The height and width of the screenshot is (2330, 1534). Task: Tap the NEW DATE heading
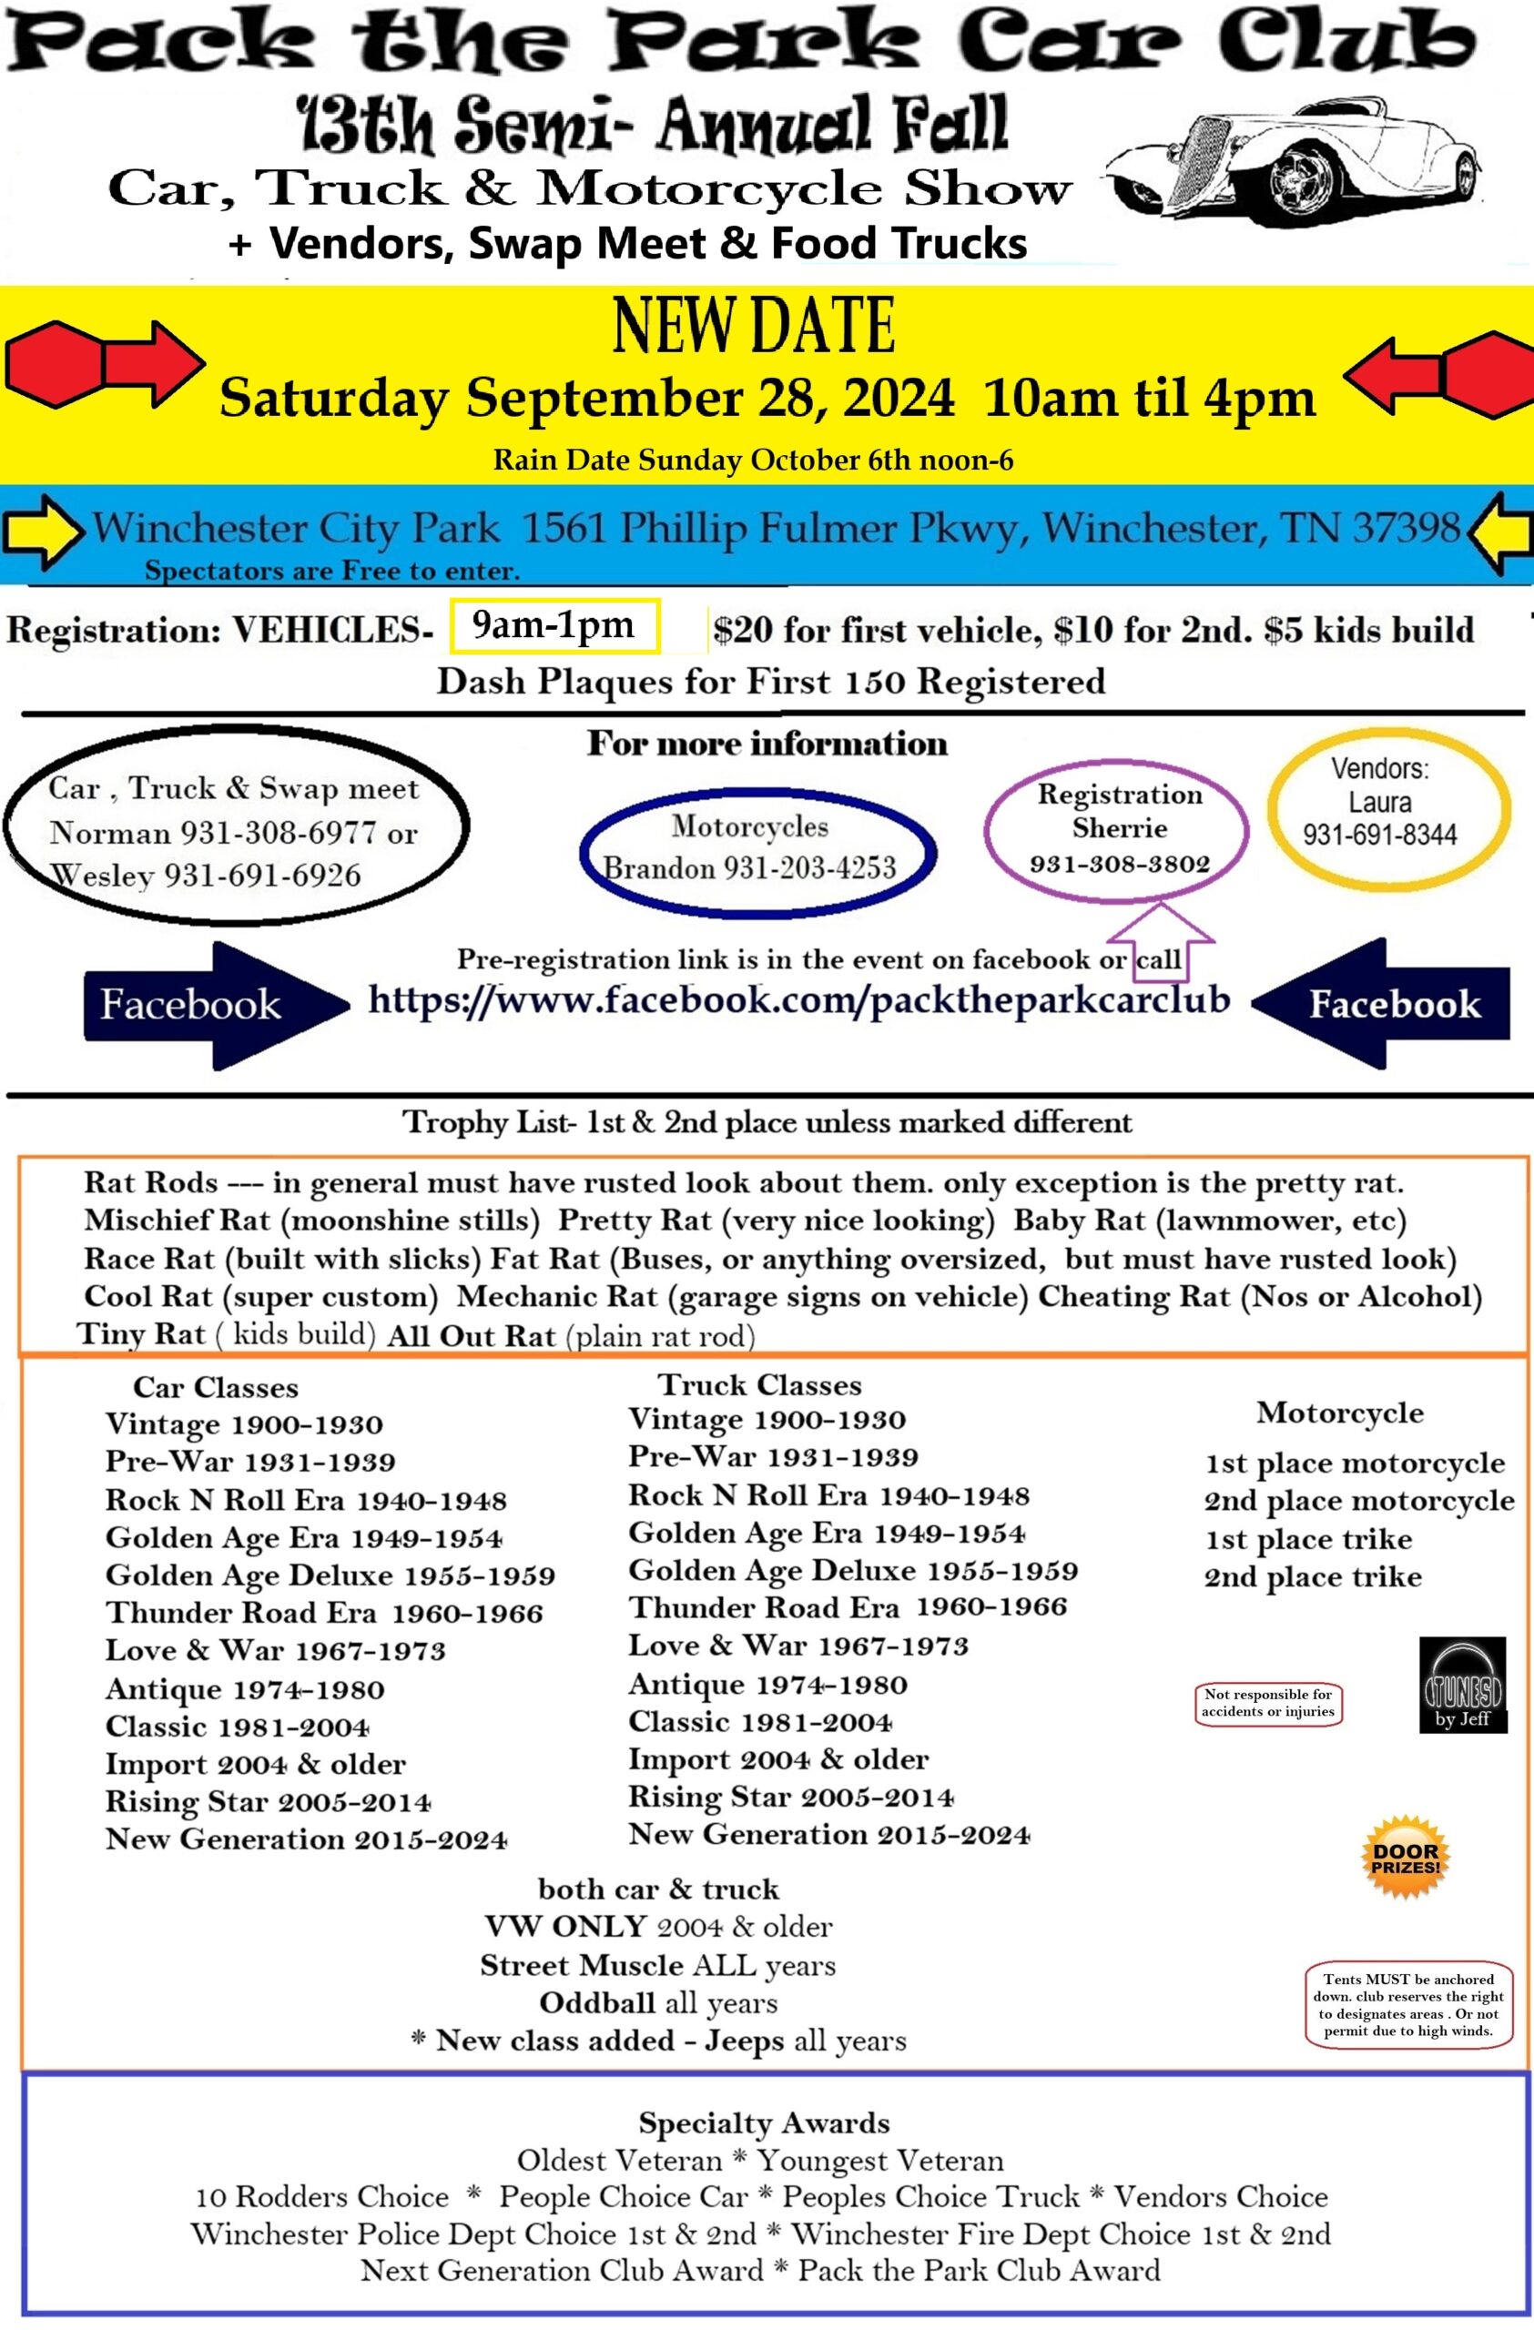(754, 326)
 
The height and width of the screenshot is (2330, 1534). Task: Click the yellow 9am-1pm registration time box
(555, 625)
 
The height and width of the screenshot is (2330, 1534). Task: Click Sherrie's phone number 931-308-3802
(1119, 865)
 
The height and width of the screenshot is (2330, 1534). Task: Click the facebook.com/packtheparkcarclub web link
(798, 999)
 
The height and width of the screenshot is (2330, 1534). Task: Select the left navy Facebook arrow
(216, 1006)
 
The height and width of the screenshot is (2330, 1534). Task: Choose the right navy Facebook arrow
(1380, 1004)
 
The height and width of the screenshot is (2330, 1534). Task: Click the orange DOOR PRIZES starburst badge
(1406, 1859)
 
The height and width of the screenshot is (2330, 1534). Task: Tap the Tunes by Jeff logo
(1463, 1685)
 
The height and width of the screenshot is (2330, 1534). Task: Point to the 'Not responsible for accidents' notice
(1268, 1704)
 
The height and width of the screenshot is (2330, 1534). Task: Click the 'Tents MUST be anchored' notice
(1408, 2005)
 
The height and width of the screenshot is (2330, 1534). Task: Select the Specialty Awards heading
(765, 2122)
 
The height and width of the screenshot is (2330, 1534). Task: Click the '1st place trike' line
(1309, 1539)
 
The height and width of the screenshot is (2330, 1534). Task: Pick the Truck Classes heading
(759, 1384)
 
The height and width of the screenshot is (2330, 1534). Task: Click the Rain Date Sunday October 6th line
(753, 461)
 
